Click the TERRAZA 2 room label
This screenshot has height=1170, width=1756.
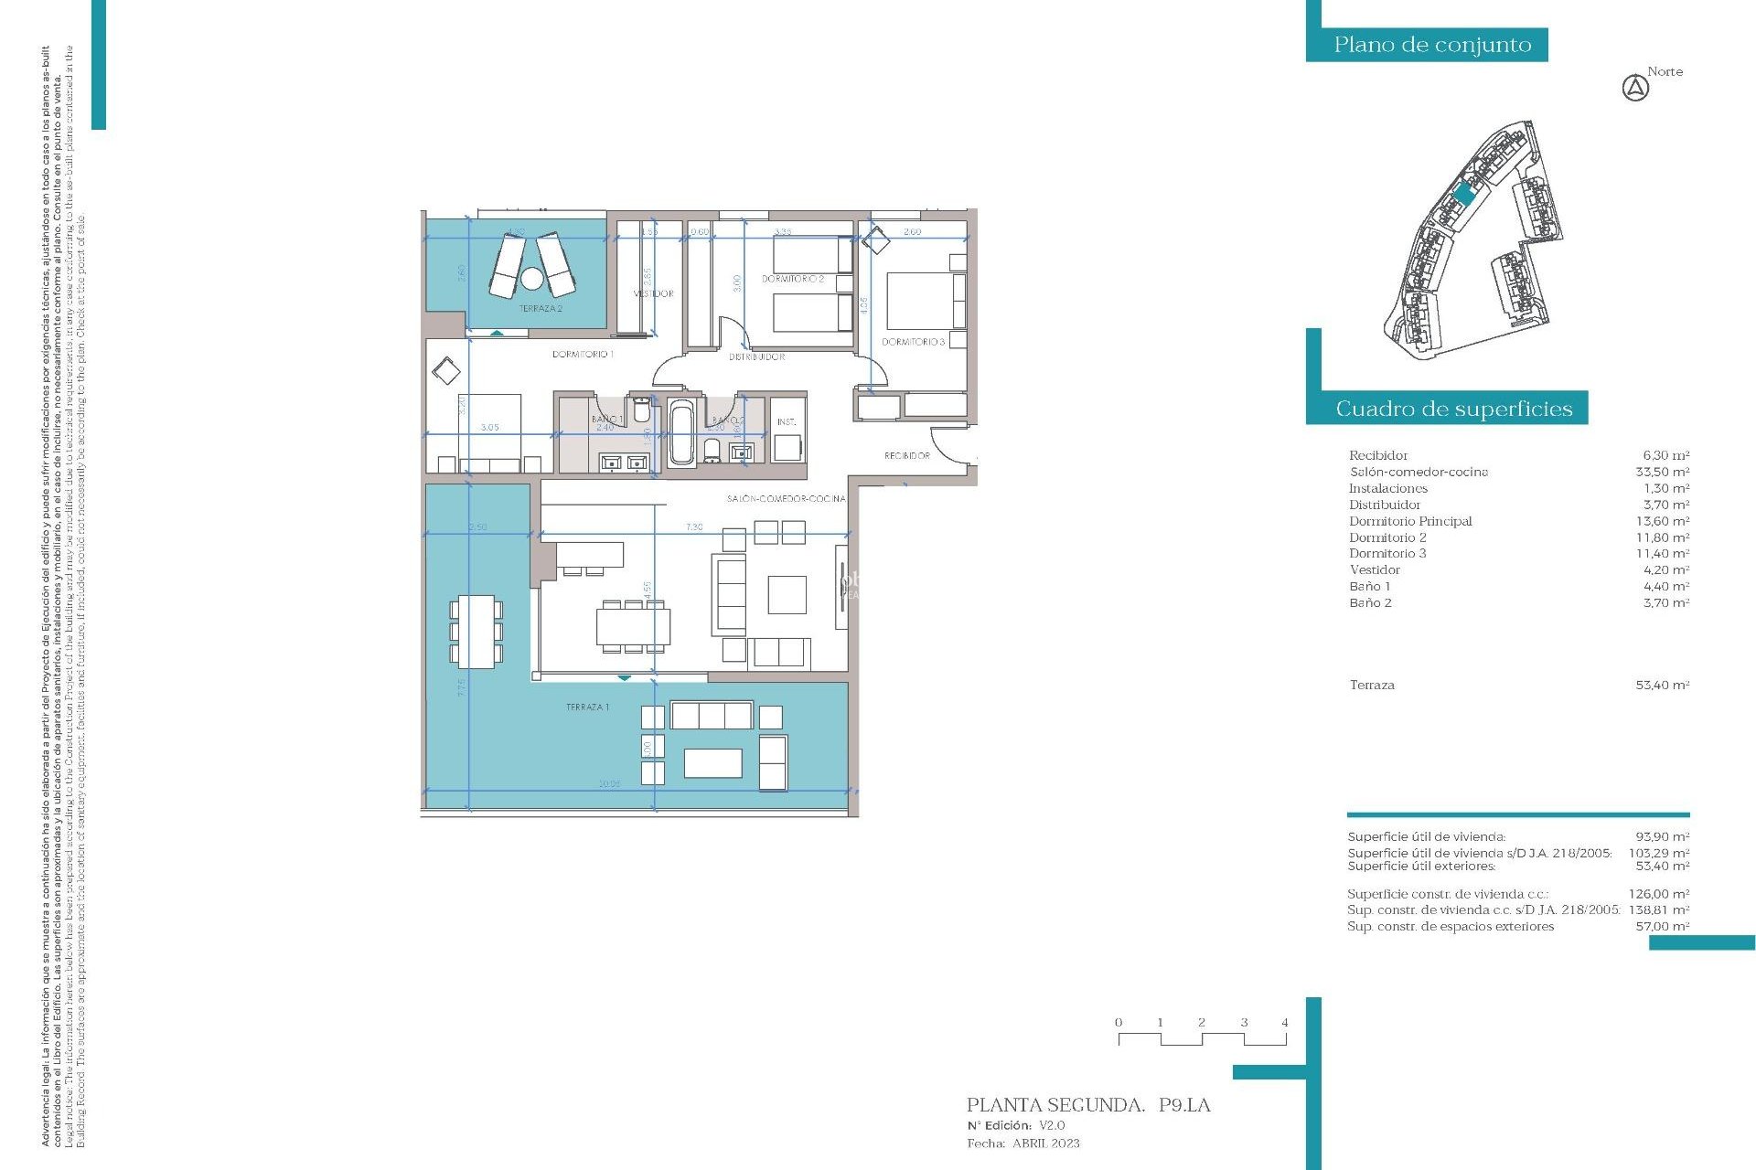541,309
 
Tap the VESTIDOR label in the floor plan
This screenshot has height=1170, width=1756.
654,293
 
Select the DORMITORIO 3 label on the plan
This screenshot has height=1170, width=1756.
913,342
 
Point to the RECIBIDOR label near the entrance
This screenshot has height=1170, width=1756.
906,455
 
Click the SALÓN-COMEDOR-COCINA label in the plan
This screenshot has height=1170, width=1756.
786,499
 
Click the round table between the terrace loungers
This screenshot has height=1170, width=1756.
532,277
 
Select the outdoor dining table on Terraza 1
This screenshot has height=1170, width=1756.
476,631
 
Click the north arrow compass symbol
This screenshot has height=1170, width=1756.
1635,89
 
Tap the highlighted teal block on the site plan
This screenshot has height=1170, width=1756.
1464,194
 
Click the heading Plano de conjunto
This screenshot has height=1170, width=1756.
1431,45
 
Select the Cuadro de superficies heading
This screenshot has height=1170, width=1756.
1453,409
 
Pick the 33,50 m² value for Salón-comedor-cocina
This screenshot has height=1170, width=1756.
1662,472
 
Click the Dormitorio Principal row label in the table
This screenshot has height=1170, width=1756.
1410,521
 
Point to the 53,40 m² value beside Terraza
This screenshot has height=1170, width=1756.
1662,685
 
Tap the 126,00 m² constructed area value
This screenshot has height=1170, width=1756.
1658,894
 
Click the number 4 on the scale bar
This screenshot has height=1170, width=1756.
1285,1023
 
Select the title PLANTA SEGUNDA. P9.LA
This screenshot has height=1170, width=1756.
1088,1105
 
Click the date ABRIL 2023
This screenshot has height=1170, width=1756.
1045,1143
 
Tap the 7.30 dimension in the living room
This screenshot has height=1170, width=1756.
694,527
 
